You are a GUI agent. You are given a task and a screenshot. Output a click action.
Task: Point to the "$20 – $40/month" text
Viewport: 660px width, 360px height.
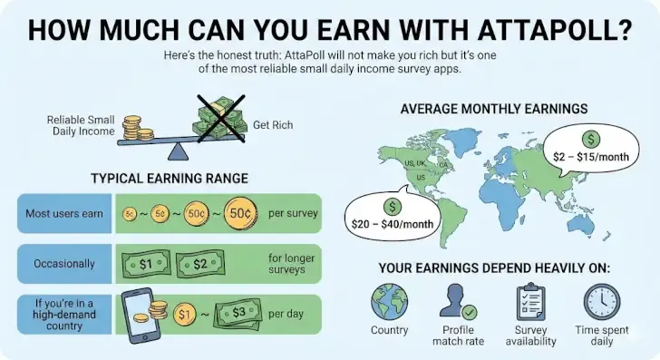[393, 223]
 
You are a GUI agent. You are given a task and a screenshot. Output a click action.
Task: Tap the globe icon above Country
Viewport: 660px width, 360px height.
[390, 301]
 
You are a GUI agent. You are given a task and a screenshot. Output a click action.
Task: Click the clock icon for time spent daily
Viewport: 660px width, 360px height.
[601, 301]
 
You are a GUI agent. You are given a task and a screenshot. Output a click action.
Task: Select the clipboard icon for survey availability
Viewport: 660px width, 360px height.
[531, 301]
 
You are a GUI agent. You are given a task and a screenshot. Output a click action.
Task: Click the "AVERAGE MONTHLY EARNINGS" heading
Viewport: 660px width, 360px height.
[494, 109]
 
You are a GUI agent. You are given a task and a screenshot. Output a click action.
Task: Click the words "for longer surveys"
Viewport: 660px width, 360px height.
[290, 265]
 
